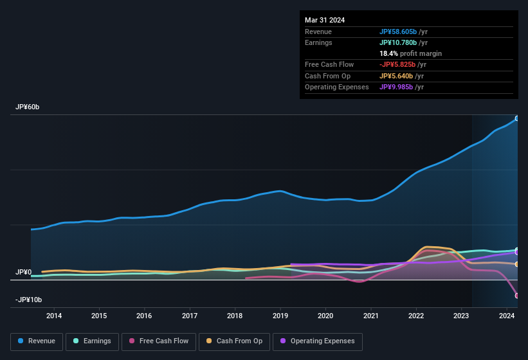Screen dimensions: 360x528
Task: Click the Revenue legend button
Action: click(37, 341)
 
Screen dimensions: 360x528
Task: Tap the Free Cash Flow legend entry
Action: click(159, 341)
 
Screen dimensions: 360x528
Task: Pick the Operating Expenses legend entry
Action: click(317, 341)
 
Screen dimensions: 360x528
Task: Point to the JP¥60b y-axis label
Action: click(28, 107)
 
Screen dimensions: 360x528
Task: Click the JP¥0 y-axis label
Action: click(23, 273)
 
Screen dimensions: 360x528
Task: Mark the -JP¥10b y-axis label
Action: click(28, 300)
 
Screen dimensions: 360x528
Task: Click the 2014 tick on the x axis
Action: click(54, 316)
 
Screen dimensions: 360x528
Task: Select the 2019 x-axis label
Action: click(280, 316)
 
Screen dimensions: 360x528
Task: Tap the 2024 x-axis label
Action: click(507, 316)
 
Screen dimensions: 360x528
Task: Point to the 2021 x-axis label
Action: click(371, 316)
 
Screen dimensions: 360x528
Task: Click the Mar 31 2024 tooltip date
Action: click(325, 20)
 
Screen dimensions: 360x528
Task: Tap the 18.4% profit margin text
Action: click(410, 53)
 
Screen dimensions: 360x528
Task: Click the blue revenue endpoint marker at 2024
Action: click(517, 118)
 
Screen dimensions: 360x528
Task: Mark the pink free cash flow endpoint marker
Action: click(517, 296)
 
